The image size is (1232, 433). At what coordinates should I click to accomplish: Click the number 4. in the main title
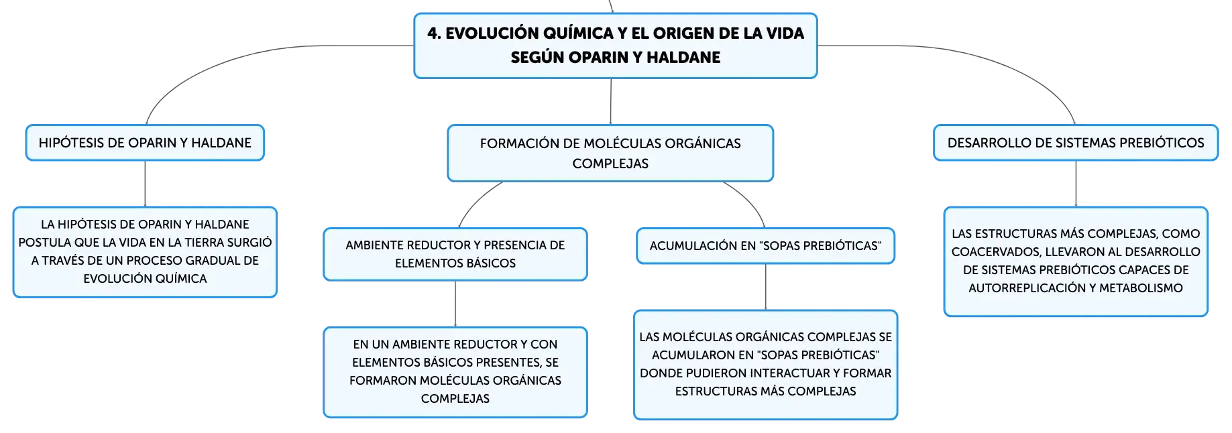click(x=435, y=34)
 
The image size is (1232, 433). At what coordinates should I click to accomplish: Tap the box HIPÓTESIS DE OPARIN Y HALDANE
click(x=145, y=143)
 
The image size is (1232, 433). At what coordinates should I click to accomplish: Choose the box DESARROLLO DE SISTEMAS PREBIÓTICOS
click(x=1076, y=143)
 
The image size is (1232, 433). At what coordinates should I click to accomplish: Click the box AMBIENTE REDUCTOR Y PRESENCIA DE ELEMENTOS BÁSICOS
click(x=455, y=254)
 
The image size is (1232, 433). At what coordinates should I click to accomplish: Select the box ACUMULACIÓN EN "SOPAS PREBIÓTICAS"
click(x=765, y=246)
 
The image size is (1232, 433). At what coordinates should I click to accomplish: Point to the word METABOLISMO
click(x=1150, y=288)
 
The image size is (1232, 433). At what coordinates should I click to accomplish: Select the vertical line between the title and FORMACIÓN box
click(x=611, y=102)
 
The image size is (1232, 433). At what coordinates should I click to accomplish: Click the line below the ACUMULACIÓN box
click(x=765, y=287)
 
